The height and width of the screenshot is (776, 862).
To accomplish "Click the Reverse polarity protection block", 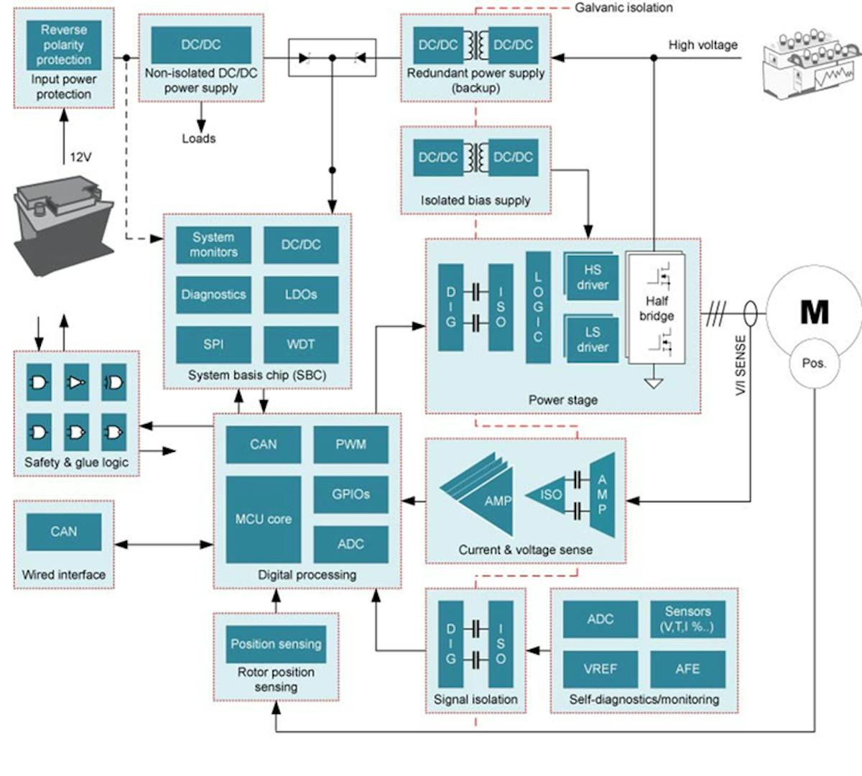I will click(64, 45).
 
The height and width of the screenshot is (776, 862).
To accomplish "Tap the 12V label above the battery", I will click(80, 157).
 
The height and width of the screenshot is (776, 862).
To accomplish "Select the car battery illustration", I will click(64, 223).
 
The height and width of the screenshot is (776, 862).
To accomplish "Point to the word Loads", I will click(198, 139).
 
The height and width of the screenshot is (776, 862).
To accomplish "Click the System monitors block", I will click(213, 245).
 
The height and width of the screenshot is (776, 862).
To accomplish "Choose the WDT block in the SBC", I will click(300, 344).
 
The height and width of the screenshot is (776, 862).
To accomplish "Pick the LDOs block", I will click(300, 295).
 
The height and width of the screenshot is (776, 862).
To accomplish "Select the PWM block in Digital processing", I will click(351, 445).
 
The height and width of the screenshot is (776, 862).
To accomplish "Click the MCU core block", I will click(263, 519).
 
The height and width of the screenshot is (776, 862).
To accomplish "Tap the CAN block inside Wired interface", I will click(64, 532).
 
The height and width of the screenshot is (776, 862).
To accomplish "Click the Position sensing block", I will click(276, 644).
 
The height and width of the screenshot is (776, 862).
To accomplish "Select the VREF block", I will click(600, 669).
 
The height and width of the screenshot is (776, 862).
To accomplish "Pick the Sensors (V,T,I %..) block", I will click(687, 619).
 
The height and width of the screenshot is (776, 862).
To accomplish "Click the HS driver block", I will click(592, 277).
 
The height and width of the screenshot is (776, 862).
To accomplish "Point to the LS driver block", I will click(592, 339).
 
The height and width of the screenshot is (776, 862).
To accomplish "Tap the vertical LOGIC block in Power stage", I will click(538, 308).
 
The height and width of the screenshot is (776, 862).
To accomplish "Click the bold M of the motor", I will click(814, 312).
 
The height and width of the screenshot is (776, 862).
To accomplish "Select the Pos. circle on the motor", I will click(814, 364).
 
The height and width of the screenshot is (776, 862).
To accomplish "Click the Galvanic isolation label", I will click(624, 8).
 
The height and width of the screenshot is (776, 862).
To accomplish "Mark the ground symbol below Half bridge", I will click(653, 382).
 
